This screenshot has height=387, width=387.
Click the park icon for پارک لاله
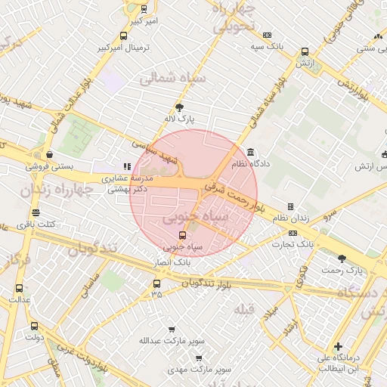(x=179, y=107)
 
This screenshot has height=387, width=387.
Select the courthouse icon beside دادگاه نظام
(x=250, y=152)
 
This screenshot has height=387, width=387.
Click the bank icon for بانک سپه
(x=267, y=35)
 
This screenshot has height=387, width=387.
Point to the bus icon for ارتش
(x=305, y=52)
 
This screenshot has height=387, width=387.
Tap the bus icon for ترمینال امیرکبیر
(x=123, y=36)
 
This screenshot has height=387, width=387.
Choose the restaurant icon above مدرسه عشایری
(x=127, y=166)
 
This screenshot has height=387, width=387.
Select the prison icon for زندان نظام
(x=290, y=206)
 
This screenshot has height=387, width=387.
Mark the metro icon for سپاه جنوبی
(x=171, y=235)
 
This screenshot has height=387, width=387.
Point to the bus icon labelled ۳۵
(x=156, y=283)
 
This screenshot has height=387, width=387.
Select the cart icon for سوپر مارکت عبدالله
(x=172, y=330)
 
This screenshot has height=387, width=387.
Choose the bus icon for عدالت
(x=19, y=288)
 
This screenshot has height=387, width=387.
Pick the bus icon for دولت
(x=33, y=327)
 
